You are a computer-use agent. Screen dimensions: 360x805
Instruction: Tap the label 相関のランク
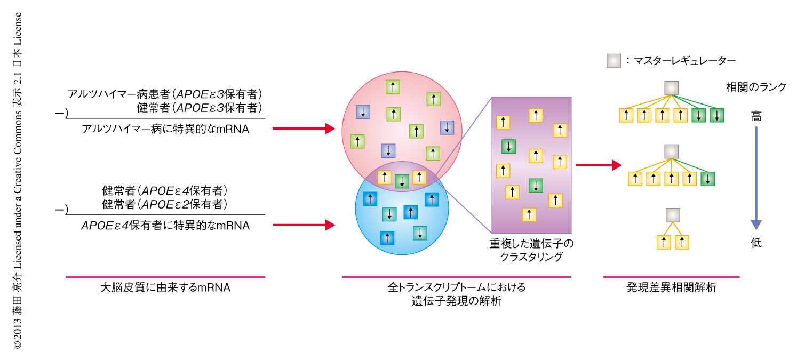click(x=756, y=87)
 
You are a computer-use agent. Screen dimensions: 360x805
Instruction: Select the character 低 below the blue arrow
click(x=756, y=243)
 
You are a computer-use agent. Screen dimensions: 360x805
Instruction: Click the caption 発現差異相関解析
click(x=671, y=288)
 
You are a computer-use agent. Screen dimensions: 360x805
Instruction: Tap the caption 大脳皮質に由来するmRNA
click(x=165, y=288)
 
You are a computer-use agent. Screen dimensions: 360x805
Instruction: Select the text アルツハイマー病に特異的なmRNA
click(x=165, y=129)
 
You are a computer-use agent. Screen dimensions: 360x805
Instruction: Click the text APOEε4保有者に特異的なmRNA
click(x=165, y=225)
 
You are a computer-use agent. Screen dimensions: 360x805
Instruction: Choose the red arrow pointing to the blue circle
click(x=303, y=225)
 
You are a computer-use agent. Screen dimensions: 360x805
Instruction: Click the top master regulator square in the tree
click(x=671, y=88)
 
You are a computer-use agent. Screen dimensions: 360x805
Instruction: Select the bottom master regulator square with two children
click(x=672, y=215)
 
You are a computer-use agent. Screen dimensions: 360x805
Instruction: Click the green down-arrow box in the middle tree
click(x=707, y=179)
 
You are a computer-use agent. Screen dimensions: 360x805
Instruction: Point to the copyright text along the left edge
click(x=18, y=181)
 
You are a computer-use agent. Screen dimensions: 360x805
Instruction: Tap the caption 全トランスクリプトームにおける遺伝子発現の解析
click(x=456, y=294)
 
